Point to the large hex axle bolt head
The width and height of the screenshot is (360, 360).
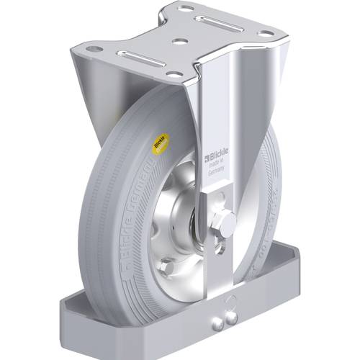224,225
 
